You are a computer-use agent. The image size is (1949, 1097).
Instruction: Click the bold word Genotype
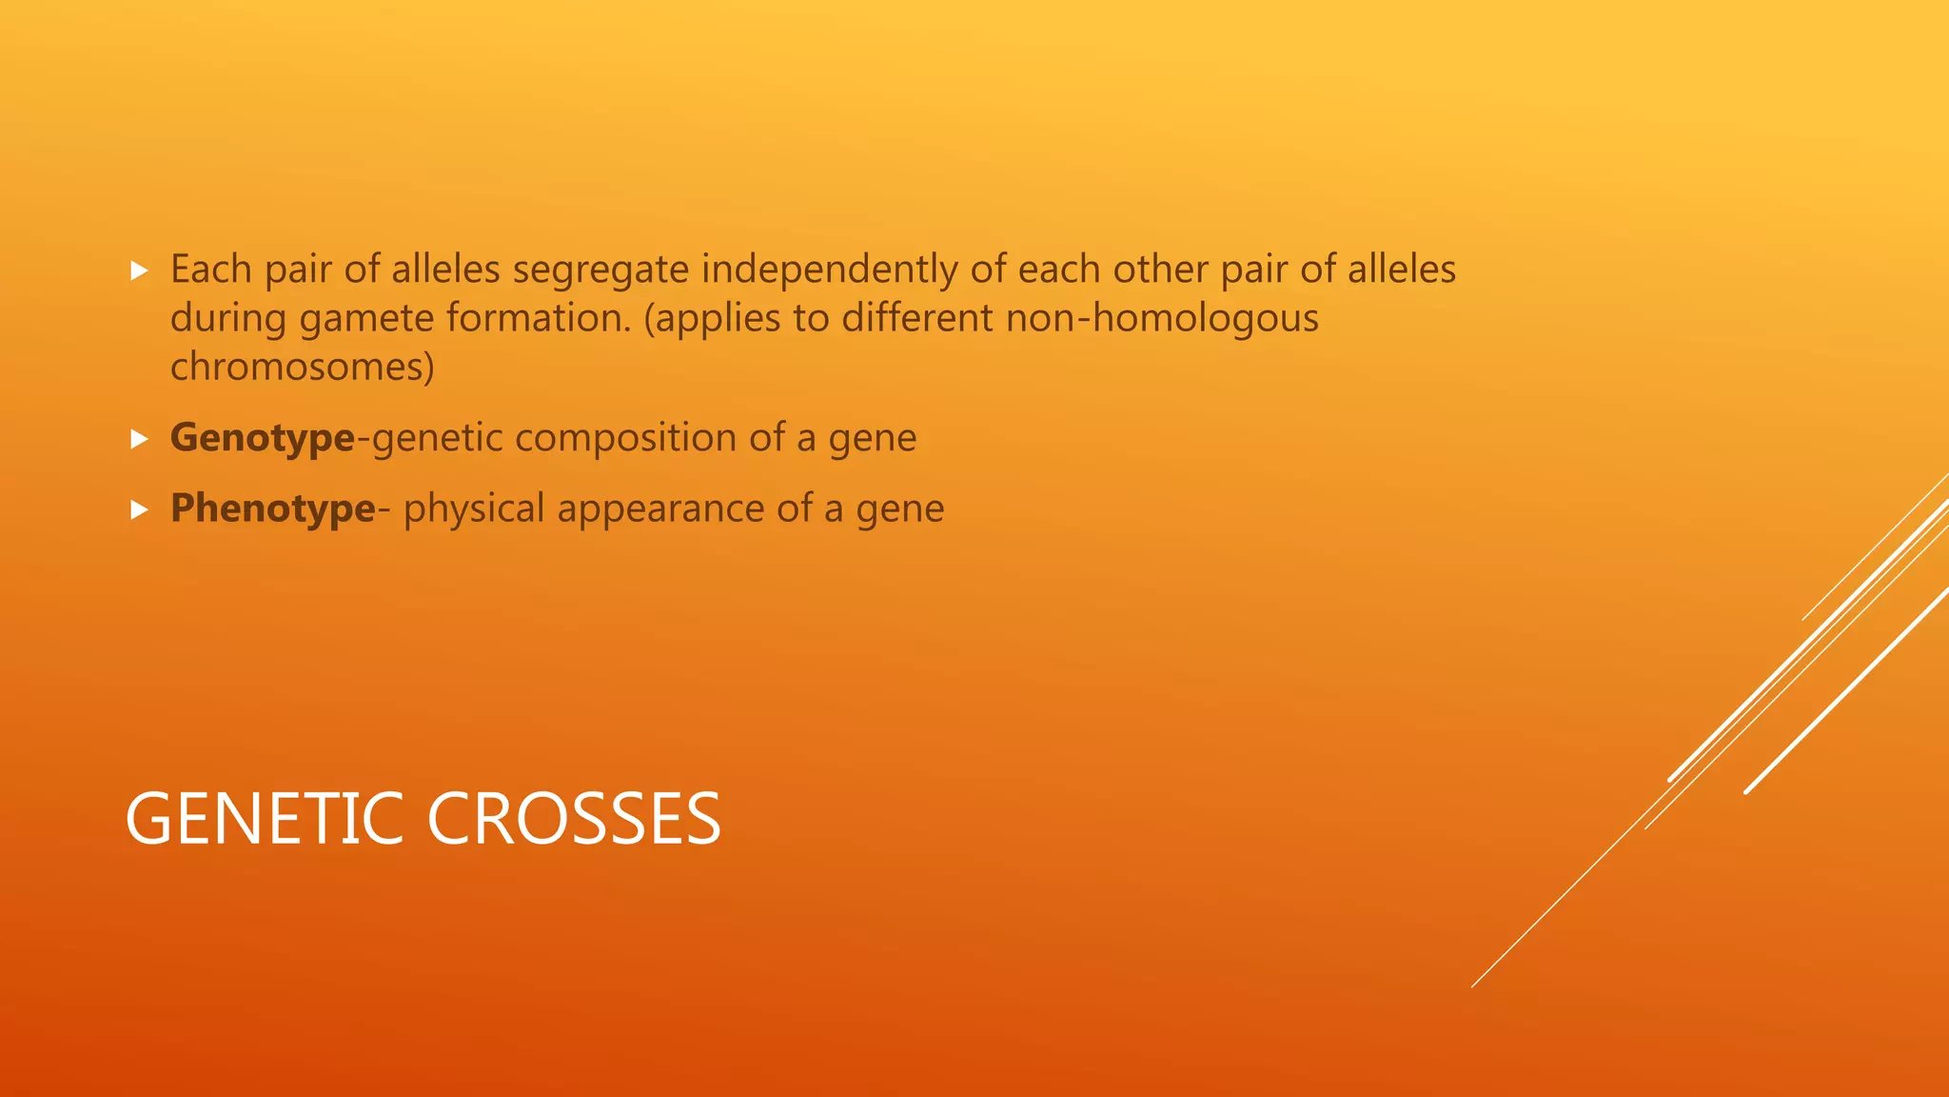(x=262, y=439)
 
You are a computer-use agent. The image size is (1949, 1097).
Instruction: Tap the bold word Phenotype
(x=272, y=509)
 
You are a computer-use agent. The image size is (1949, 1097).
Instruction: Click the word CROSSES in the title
(x=574, y=819)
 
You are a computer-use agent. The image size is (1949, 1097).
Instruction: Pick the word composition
(x=625, y=439)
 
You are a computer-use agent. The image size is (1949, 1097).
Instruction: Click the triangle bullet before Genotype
(x=140, y=439)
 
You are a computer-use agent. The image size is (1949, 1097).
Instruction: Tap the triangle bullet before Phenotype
(x=140, y=509)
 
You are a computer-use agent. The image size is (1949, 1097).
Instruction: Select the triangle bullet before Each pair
(x=140, y=270)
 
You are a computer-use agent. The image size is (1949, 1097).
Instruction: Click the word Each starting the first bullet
(x=210, y=270)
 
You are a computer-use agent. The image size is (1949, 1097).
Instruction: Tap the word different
(x=917, y=319)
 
